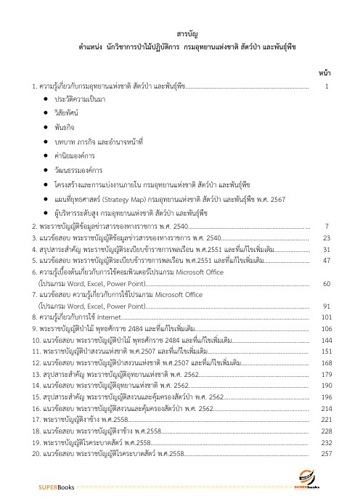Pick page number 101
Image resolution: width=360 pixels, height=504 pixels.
[x=326, y=296]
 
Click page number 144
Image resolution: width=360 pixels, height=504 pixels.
[x=326, y=319]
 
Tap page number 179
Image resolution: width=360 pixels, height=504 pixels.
[x=326, y=352]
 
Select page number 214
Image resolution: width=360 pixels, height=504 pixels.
[x=326, y=408]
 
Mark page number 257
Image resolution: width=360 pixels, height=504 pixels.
[x=326, y=453]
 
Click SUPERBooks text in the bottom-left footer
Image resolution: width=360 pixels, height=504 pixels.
[x=56, y=487]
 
